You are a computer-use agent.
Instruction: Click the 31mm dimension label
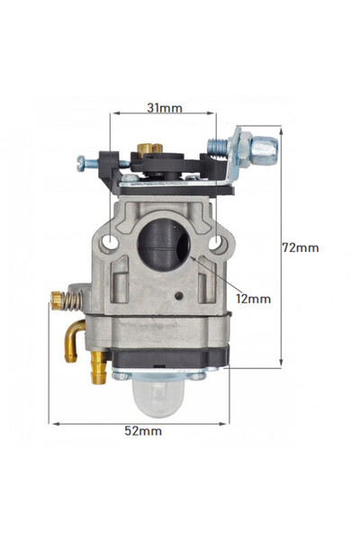(x=164, y=108)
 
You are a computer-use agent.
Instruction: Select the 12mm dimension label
(x=255, y=296)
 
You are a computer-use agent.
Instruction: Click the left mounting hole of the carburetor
(x=109, y=242)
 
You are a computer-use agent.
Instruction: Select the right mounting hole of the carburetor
(x=216, y=242)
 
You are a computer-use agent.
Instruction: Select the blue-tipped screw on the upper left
(x=83, y=162)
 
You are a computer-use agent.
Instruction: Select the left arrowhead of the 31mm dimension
(x=113, y=114)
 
